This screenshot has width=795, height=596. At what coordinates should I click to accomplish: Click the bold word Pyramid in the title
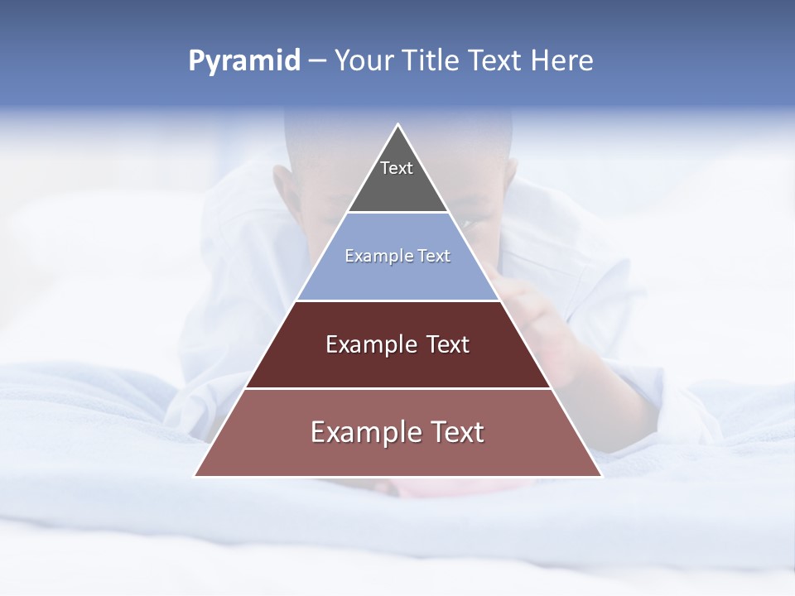(x=243, y=61)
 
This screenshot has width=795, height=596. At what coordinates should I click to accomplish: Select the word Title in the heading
(x=432, y=61)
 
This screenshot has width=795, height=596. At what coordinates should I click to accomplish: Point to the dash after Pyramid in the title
(x=317, y=61)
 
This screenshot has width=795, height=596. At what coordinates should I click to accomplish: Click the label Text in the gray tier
(x=397, y=168)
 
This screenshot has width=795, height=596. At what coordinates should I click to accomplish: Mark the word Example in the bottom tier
(x=360, y=432)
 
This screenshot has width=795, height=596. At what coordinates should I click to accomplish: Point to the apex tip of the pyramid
(x=397, y=126)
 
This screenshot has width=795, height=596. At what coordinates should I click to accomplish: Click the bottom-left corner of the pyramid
(x=195, y=476)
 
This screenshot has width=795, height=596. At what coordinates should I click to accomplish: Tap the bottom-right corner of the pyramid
(x=600, y=476)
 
